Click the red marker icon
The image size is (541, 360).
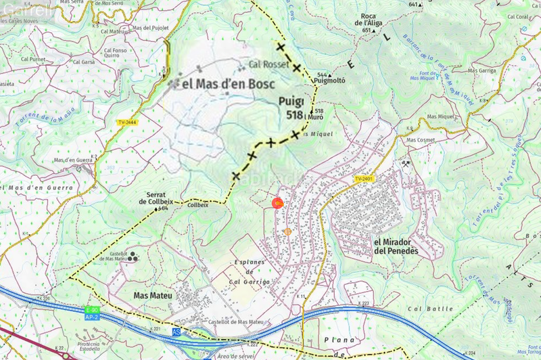pos(277,202)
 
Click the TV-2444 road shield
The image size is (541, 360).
pos(126,122)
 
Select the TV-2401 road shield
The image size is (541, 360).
pos(364,179)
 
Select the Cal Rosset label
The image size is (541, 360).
pos(264,65)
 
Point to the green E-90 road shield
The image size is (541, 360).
pos(92,310)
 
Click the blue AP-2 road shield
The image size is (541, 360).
pos(92,316)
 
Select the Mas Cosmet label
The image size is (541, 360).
pos(420,140)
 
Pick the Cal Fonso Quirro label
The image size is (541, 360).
pos(116,53)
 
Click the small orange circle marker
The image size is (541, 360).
pos(287,231)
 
